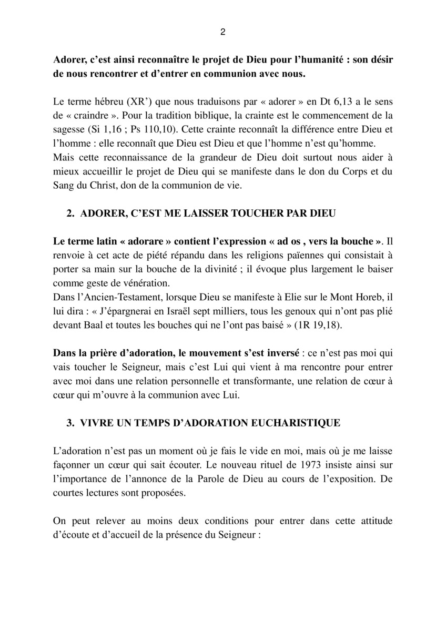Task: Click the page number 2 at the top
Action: click(223, 32)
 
